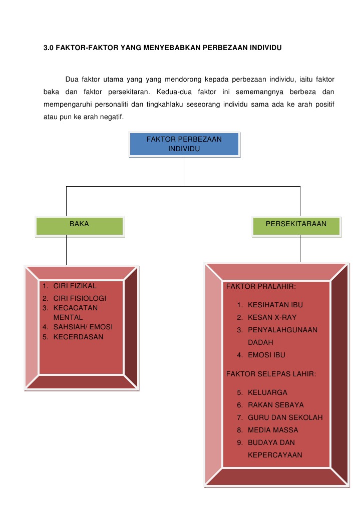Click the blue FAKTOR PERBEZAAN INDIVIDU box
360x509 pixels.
pyautogui.click(x=184, y=144)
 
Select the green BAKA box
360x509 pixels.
pyautogui.click(x=79, y=225)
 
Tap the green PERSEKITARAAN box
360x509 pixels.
pyautogui.click(x=296, y=225)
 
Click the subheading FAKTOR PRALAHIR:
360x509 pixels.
pyautogui.click(x=261, y=287)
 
